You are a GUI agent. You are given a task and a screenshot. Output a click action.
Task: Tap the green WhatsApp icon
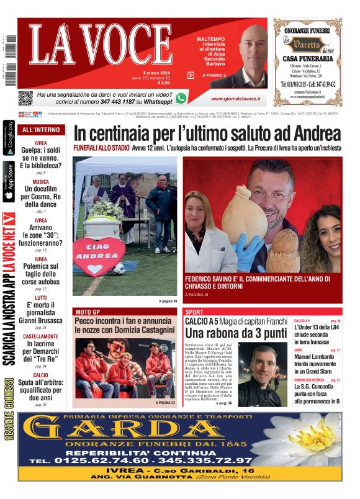pos(181,97)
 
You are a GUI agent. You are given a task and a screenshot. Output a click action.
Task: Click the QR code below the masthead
pos(25,97)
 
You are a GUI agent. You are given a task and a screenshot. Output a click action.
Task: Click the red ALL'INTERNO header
pos(41,130)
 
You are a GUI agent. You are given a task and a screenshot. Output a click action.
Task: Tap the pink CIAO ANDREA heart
pos(98,256)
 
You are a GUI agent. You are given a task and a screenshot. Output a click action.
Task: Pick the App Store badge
pos(9,182)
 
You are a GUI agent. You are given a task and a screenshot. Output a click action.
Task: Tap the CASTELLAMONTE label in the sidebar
pos(41,336)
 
